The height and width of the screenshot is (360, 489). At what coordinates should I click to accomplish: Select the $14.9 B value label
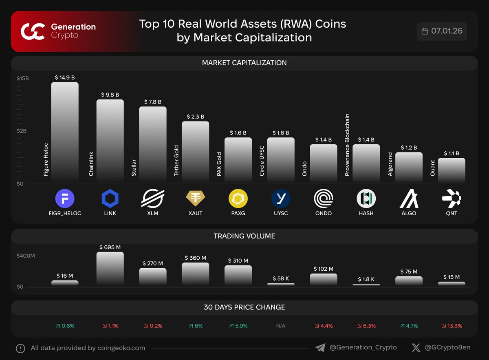click(x=65, y=77)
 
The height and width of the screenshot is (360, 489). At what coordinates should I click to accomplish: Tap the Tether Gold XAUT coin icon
click(x=195, y=199)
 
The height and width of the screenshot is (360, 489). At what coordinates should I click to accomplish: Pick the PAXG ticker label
click(x=238, y=213)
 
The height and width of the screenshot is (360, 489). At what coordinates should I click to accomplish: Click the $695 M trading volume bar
click(x=110, y=268)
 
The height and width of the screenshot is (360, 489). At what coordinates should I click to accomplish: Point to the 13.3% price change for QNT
click(x=452, y=326)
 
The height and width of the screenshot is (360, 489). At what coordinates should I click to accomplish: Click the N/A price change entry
click(x=280, y=326)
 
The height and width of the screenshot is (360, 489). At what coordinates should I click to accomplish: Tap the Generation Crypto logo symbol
click(x=33, y=31)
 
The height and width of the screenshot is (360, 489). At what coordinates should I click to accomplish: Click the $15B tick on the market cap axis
click(x=23, y=78)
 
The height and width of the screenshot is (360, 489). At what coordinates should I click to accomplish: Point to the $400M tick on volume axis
click(x=26, y=256)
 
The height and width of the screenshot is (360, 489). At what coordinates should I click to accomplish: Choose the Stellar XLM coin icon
click(x=152, y=199)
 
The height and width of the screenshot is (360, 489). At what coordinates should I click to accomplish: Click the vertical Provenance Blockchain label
click(x=347, y=145)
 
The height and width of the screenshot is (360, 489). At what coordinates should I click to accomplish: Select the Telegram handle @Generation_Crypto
click(x=363, y=348)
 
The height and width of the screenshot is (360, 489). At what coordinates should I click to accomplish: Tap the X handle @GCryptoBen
click(x=447, y=348)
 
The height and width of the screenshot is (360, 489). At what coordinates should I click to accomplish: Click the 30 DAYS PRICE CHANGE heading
click(x=244, y=307)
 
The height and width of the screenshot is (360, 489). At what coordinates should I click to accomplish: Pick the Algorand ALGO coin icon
click(x=409, y=199)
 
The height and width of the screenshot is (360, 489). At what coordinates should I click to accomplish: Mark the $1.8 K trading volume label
click(x=366, y=279)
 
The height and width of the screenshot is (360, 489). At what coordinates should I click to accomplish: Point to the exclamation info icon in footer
click(x=20, y=348)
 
